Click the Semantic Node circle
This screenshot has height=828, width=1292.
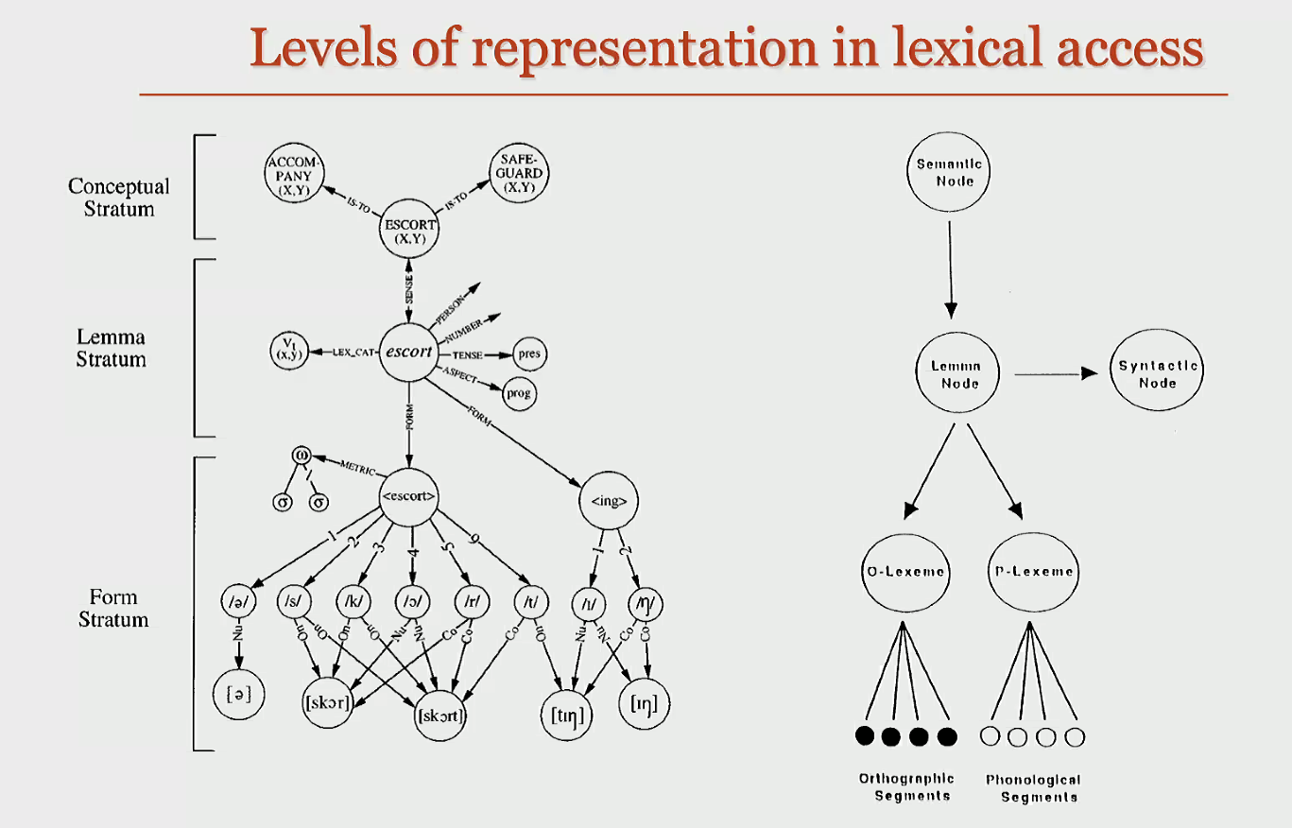point(949,172)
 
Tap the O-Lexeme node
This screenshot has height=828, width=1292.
point(905,571)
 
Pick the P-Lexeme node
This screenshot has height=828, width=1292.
point(1034,571)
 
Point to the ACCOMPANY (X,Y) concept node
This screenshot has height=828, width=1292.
point(295,176)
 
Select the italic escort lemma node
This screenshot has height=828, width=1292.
point(408,353)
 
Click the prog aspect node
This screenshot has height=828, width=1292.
point(517,393)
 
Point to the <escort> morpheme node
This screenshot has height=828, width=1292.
point(409,495)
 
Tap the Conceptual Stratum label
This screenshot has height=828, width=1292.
point(119,198)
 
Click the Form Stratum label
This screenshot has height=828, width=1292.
point(113,609)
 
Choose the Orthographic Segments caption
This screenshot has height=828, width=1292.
point(905,787)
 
